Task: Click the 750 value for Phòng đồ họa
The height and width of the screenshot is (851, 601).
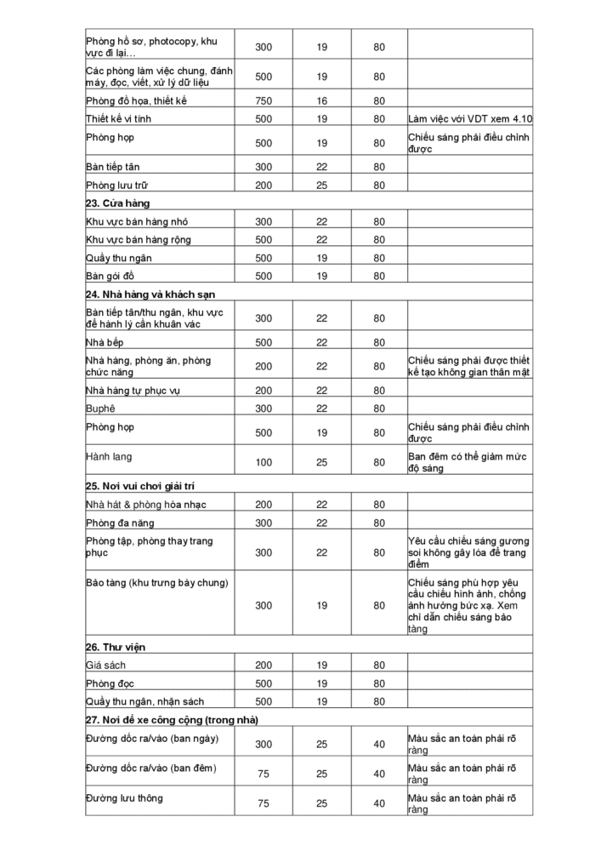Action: tap(264, 100)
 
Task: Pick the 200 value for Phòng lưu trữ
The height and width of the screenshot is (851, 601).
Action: tap(264, 185)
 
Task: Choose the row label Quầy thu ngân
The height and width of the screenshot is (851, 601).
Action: tap(119, 258)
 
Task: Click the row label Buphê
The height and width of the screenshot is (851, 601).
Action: tap(100, 408)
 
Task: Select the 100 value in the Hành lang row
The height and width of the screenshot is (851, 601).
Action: tap(264, 463)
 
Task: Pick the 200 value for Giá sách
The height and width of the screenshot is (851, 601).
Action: tap(264, 665)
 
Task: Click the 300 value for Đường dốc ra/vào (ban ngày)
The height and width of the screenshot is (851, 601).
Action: tap(264, 744)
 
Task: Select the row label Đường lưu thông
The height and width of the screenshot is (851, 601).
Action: tap(124, 798)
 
